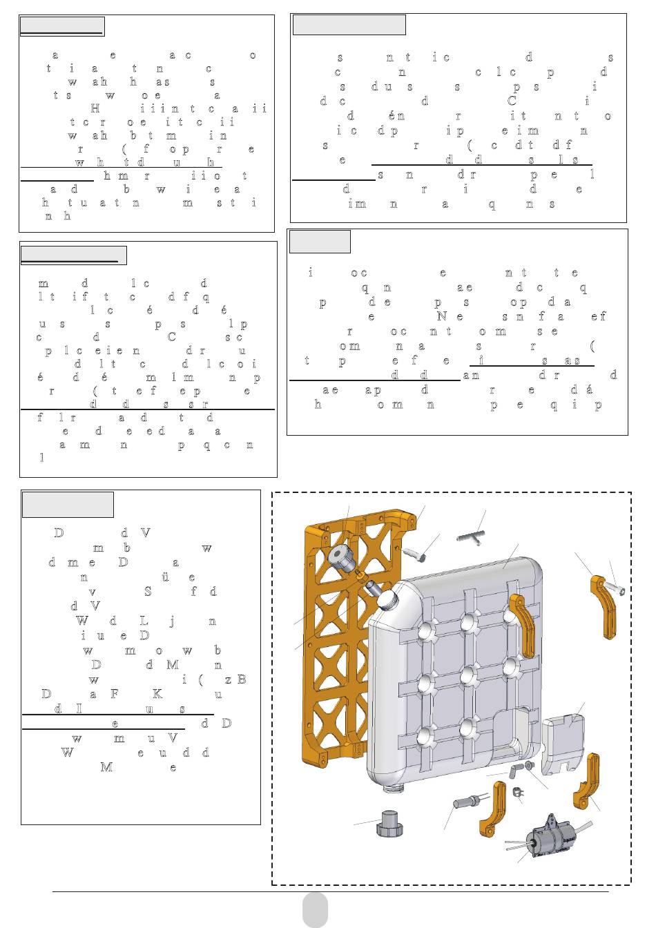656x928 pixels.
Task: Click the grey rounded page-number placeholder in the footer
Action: [315, 910]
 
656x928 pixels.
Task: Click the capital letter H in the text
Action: [95, 108]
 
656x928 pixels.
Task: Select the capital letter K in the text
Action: [157, 694]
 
